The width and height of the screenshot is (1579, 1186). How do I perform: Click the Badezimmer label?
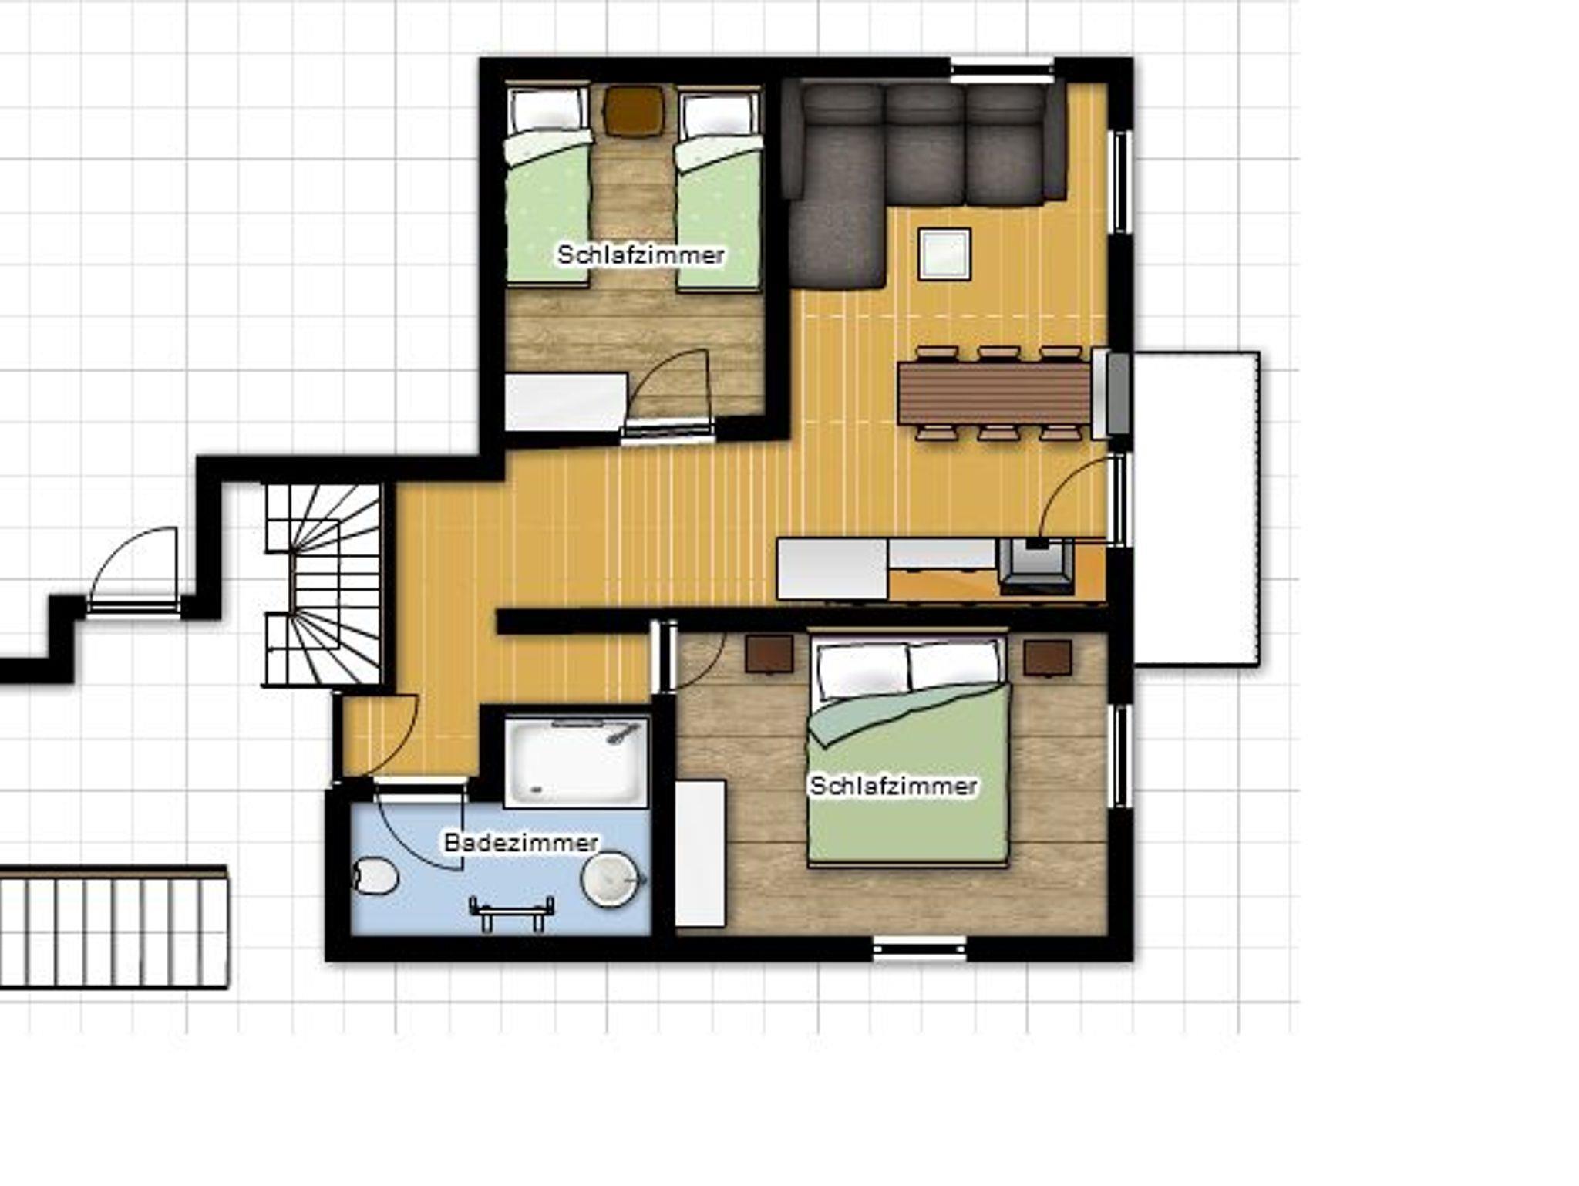click(x=521, y=842)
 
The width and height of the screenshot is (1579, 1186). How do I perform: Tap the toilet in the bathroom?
click(x=375, y=877)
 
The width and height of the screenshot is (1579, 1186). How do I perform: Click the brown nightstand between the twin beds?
click(x=633, y=111)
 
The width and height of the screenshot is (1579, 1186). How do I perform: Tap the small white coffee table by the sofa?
click(x=944, y=254)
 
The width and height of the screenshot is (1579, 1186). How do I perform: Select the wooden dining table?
click(x=995, y=393)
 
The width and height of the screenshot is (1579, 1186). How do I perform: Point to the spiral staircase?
click(x=324, y=585)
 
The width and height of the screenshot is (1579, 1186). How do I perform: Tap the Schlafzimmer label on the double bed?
click(x=894, y=786)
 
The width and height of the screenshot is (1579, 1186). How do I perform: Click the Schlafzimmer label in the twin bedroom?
click(x=641, y=254)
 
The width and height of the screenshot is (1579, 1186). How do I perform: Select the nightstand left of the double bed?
click(x=769, y=655)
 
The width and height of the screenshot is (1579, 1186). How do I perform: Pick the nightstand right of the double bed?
click(x=1048, y=658)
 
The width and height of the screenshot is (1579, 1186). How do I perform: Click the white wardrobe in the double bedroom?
click(x=700, y=854)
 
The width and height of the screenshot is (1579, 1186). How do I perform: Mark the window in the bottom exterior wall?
click(x=919, y=948)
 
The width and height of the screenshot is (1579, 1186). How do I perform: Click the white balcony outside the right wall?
click(x=1196, y=509)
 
